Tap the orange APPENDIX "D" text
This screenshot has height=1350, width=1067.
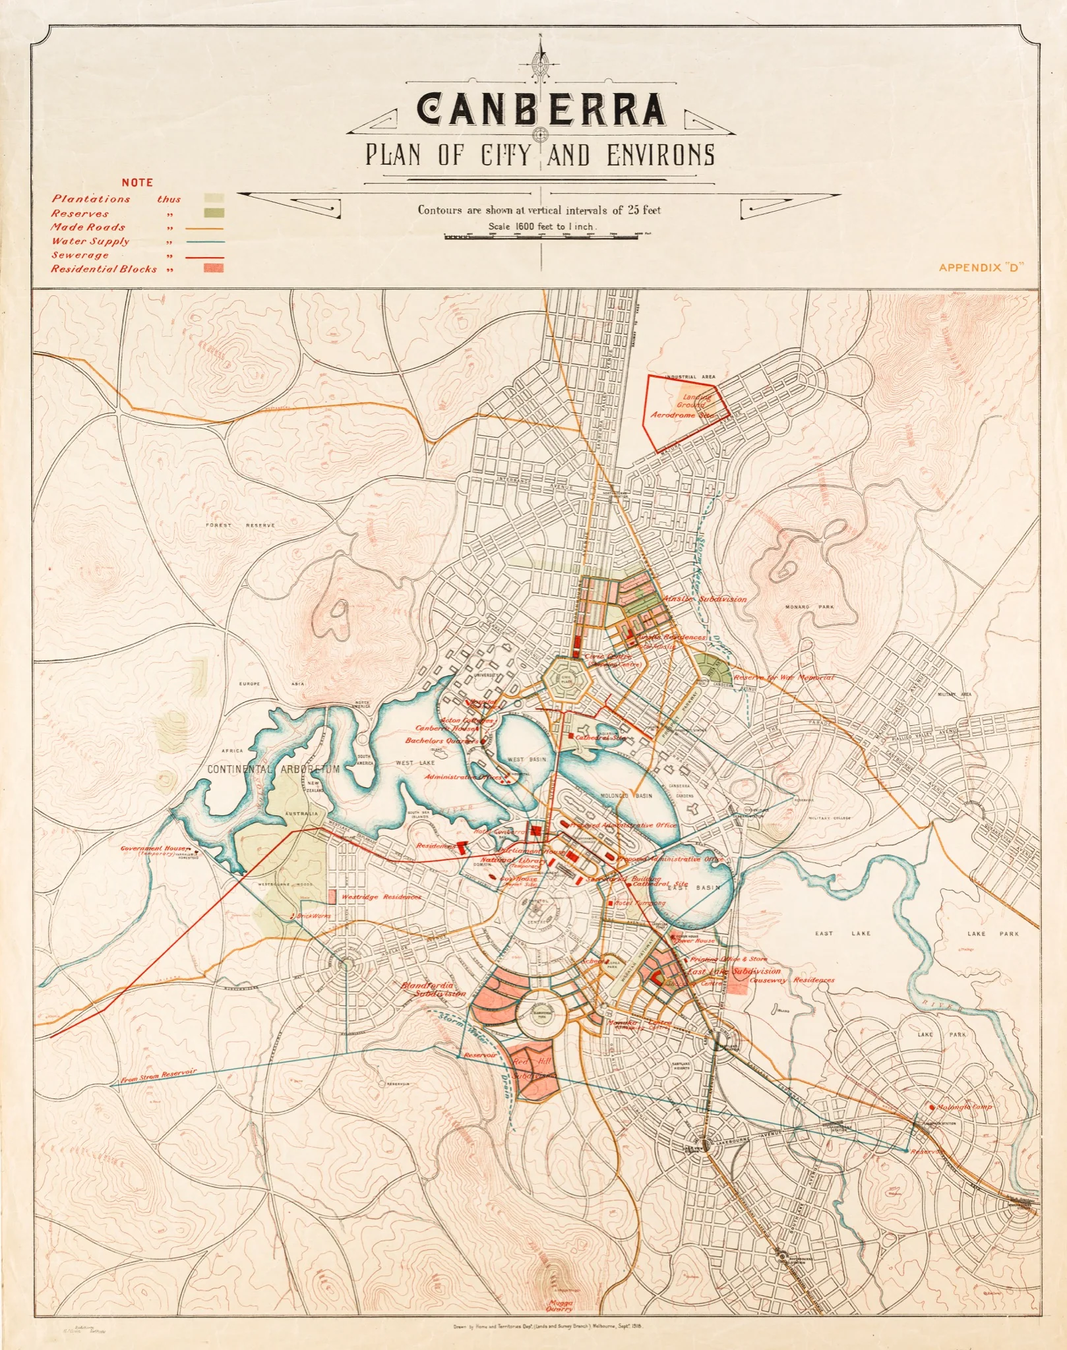[980, 267]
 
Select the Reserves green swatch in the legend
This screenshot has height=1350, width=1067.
[214, 213]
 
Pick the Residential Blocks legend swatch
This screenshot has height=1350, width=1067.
[214, 268]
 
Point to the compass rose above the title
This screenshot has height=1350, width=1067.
[541, 66]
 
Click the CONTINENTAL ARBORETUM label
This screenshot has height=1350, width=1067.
[273, 769]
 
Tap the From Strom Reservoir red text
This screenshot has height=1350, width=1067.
[159, 1076]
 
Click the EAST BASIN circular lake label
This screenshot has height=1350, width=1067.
[694, 887]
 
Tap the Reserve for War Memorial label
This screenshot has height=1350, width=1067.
[783, 677]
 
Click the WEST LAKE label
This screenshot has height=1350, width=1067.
[415, 763]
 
